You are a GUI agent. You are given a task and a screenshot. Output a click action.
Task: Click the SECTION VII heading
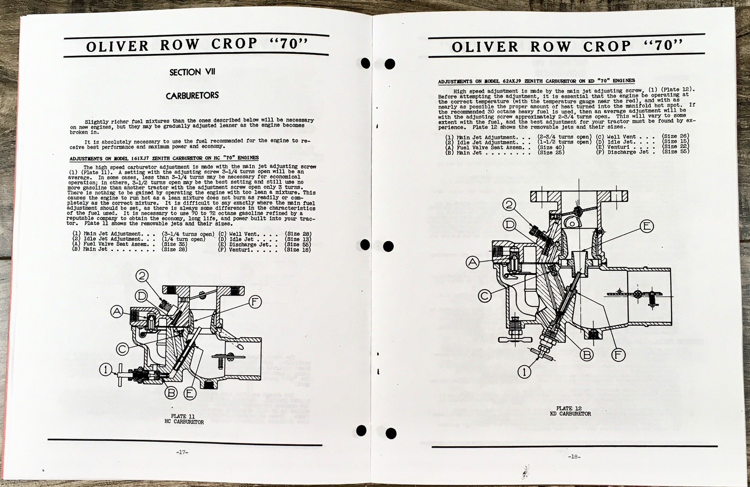(192, 72)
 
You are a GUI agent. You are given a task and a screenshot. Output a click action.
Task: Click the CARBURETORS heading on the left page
(192, 95)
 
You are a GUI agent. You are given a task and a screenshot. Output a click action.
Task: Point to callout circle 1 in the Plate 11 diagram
(105, 370)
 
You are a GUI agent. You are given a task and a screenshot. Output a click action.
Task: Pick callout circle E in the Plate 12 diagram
(645, 227)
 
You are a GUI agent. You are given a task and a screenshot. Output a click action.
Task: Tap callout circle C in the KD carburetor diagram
(485, 296)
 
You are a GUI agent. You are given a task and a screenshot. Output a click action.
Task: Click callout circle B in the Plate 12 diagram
(586, 355)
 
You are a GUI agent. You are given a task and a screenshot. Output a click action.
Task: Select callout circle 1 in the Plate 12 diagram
(525, 373)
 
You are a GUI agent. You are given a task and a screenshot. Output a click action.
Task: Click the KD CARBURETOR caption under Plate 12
(570, 414)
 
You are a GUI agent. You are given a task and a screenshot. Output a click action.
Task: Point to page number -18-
(574, 457)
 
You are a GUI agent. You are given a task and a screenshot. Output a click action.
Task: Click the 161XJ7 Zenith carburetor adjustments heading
(164, 158)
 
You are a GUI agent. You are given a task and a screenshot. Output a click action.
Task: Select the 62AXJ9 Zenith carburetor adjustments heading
(536, 81)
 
